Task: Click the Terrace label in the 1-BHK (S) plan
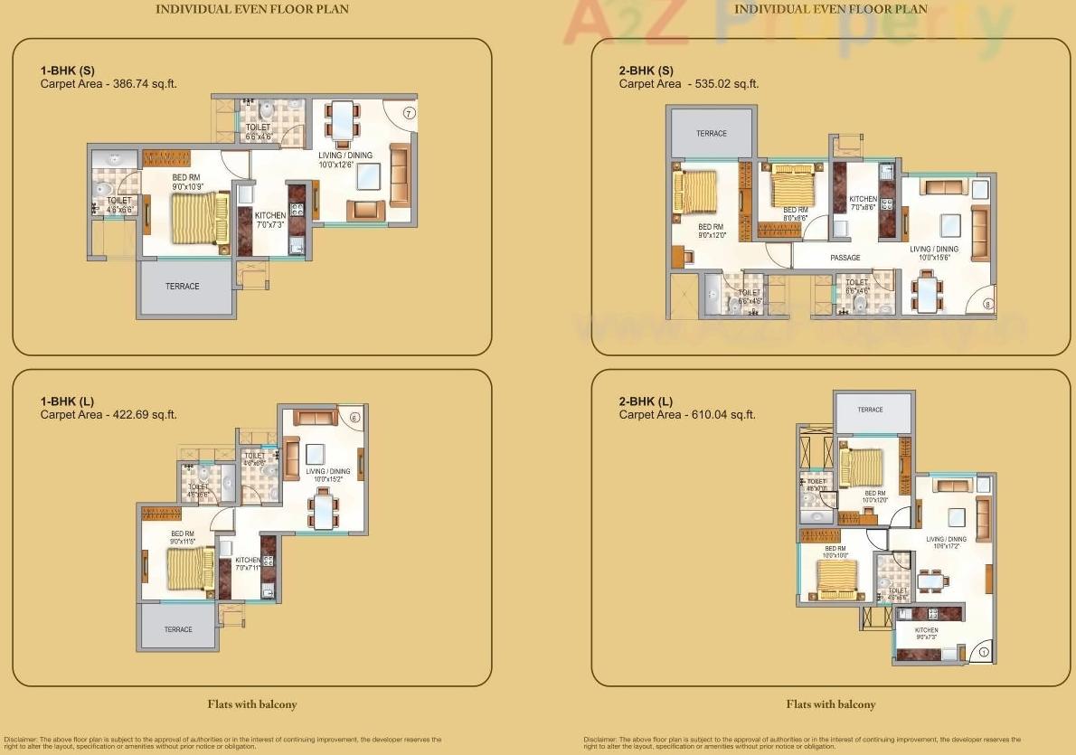coord(182,287)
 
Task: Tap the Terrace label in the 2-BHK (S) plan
coord(711,134)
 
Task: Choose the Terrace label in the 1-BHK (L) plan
coord(178,629)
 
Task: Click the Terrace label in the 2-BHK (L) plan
coord(870,410)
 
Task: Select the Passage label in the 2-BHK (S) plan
coord(845,258)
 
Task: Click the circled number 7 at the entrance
coord(409,113)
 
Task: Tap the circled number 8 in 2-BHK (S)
coord(986,305)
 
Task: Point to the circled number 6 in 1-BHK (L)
coord(354,417)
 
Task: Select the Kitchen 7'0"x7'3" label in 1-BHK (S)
coord(270,220)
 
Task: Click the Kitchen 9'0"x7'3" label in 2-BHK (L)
coord(926,635)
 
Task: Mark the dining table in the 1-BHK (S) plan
coord(342,120)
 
